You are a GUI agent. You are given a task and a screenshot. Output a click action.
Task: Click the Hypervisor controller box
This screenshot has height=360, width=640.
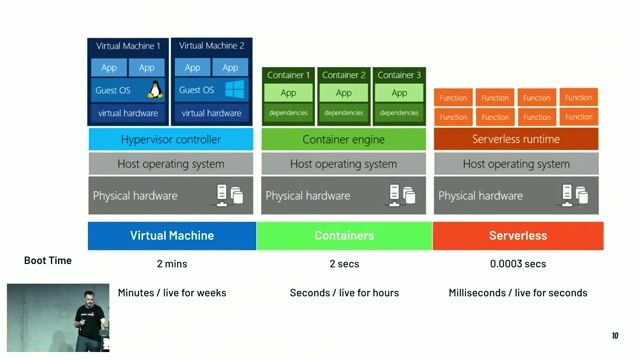(x=171, y=139)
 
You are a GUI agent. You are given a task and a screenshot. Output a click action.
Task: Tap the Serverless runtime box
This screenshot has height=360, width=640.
(x=516, y=139)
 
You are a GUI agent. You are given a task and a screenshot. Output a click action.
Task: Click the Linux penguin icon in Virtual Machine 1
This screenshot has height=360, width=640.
(x=155, y=91)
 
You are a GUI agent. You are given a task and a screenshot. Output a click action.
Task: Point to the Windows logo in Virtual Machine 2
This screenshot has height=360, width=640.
(x=236, y=91)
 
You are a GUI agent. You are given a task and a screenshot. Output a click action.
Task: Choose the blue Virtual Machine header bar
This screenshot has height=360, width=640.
(x=171, y=236)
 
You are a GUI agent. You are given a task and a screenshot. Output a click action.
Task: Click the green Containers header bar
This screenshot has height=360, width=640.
(x=344, y=236)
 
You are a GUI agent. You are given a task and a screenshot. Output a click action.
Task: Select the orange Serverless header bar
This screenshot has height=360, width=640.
(x=518, y=236)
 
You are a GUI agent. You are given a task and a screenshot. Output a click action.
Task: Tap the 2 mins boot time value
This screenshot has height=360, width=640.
(x=171, y=264)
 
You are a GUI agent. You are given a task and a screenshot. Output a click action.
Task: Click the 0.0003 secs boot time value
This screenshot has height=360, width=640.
(x=518, y=264)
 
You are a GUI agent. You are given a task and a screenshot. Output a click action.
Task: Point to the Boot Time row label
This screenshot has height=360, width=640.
(x=48, y=260)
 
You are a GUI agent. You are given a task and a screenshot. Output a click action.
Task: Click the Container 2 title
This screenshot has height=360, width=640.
(x=344, y=75)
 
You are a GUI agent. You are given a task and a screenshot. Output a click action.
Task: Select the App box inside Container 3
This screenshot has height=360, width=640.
(x=398, y=93)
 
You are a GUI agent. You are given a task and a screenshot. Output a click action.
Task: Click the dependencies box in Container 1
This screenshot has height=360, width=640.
(x=288, y=112)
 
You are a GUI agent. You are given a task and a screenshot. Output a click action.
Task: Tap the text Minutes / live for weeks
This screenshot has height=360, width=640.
(x=171, y=292)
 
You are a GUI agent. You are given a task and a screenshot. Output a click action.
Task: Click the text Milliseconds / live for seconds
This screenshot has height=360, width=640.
(x=518, y=292)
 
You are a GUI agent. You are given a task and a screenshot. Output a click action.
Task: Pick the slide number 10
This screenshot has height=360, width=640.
(x=615, y=335)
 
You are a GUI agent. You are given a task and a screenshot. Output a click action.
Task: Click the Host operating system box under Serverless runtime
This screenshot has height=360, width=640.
(x=516, y=164)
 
